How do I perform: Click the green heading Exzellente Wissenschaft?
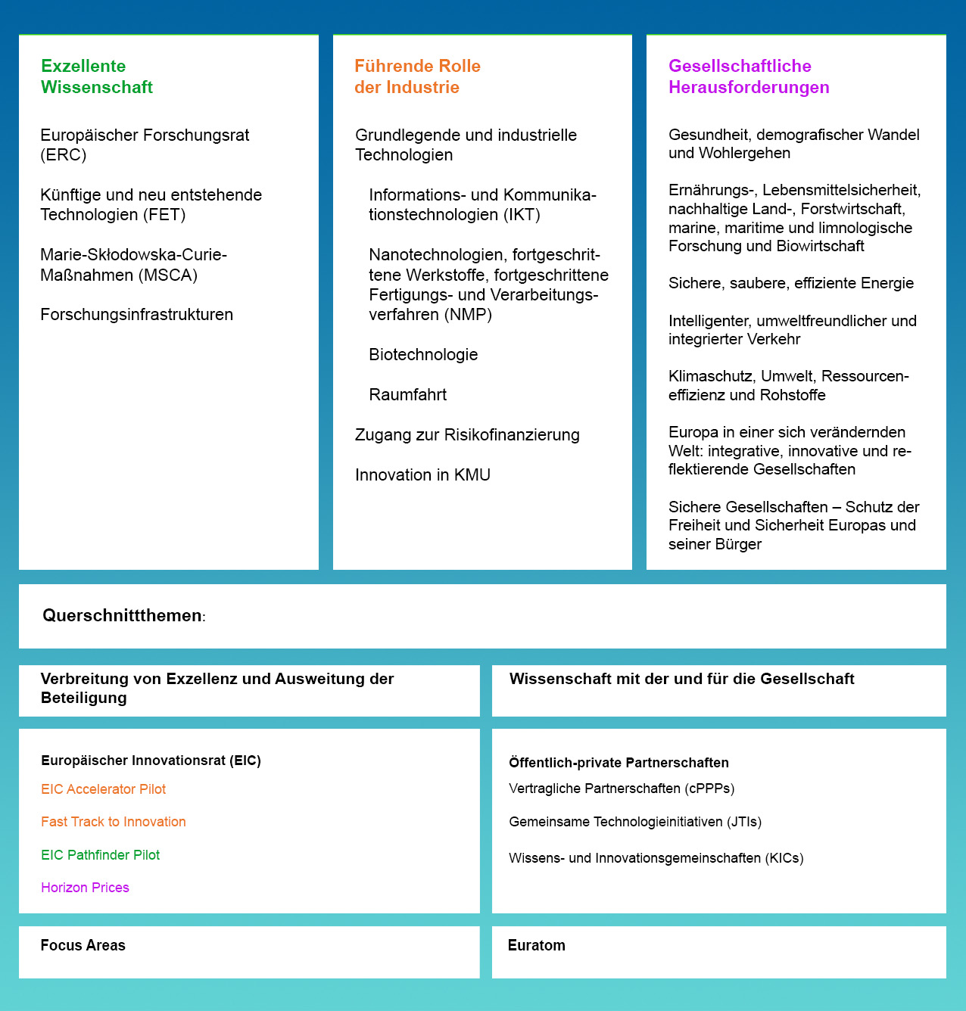pyautogui.click(x=97, y=76)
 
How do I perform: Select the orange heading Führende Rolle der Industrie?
pyautogui.click(x=417, y=76)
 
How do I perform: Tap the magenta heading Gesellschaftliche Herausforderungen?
pyautogui.click(x=748, y=76)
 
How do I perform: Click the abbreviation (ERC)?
pyautogui.click(x=64, y=155)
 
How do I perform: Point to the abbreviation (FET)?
pyautogui.click(x=167, y=215)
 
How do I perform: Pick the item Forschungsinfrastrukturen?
pyautogui.click(x=136, y=315)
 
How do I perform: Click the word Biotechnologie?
pyautogui.click(x=423, y=355)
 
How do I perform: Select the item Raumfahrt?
pyautogui.click(x=407, y=395)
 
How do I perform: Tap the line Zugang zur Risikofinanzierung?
pyautogui.click(x=467, y=435)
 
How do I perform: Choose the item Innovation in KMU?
pyautogui.click(x=422, y=475)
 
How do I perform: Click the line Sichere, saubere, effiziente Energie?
pyautogui.click(x=790, y=284)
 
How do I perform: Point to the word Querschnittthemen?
pyautogui.click(x=122, y=616)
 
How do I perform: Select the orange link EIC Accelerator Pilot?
pyautogui.click(x=103, y=789)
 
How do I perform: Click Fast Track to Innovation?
pyautogui.click(x=113, y=822)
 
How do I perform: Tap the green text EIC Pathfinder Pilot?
pyautogui.click(x=100, y=855)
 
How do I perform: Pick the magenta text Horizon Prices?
pyautogui.click(x=85, y=888)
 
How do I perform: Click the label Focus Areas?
pyautogui.click(x=83, y=945)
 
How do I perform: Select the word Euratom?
pyautogui.click(x=536, y=945)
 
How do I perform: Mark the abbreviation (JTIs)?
pyautogui.click(x=744, y=822)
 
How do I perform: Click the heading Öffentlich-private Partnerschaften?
pyautogui.click(x=619, y=763)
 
